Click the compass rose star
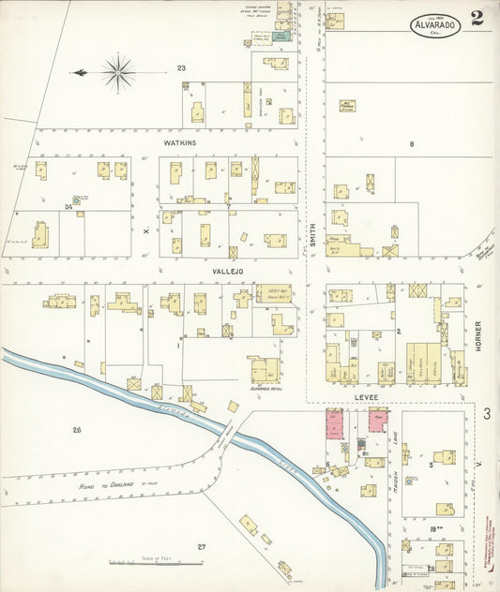[119, 71]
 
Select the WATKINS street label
[178, 143]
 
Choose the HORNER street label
[477, 337]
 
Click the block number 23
[181, 67]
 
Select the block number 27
[201, 546]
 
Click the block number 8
[411, 143]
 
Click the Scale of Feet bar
[154, 563]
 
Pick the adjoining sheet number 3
[487, 413]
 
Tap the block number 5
[431, 465]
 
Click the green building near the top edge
[280, 36]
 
